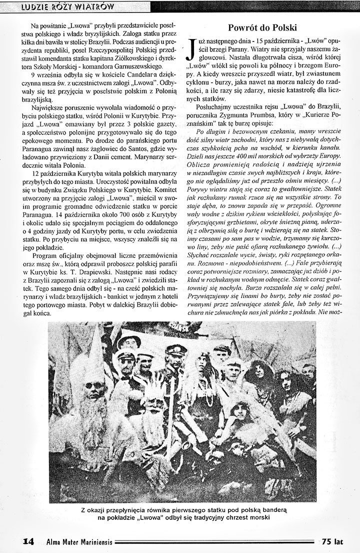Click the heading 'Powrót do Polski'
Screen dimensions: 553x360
(262, 27)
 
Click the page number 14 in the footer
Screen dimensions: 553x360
(28, 541)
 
